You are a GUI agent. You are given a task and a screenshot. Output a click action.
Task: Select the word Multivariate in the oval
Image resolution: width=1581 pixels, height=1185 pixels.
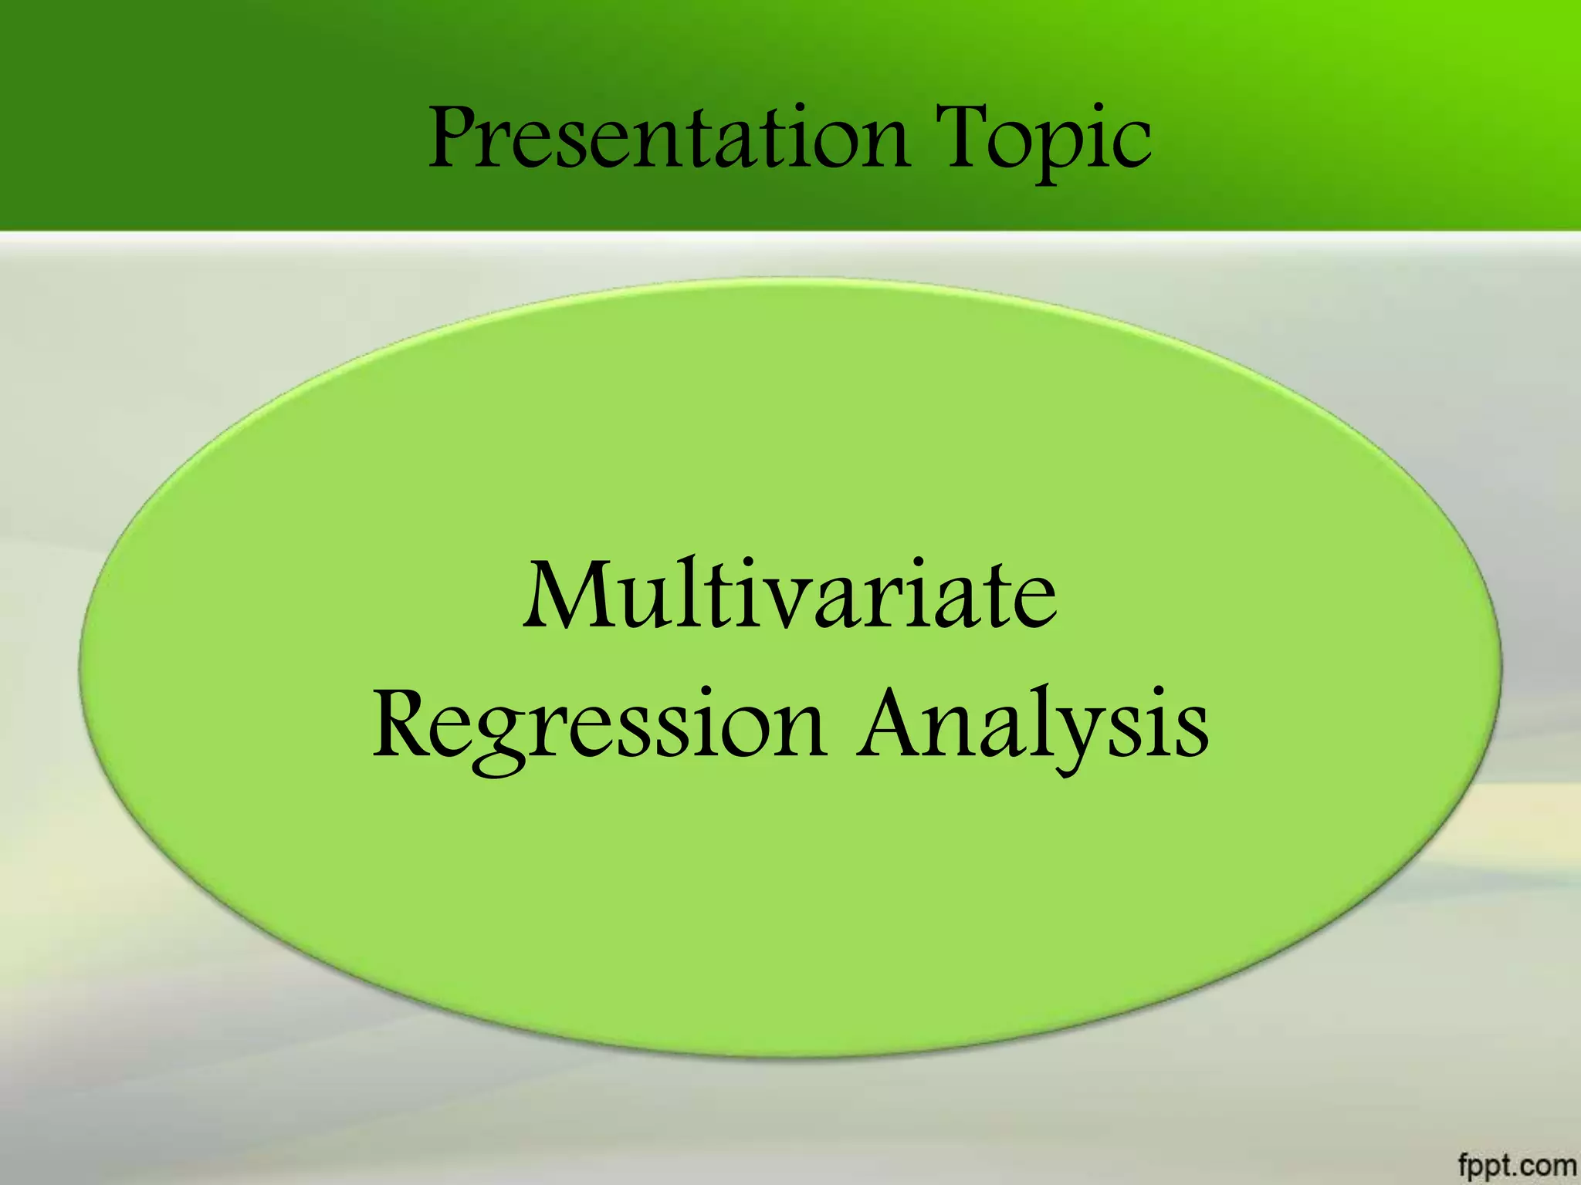(789, 594)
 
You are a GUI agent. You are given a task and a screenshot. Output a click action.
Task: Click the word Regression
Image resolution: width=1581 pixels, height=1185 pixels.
(599, 725)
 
